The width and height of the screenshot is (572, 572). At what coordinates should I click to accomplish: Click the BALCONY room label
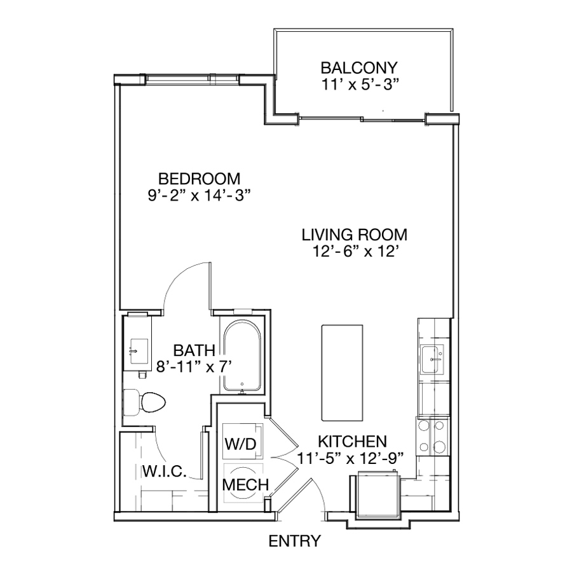click(359, 68)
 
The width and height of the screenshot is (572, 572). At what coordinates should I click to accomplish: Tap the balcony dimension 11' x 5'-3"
click(359, 85)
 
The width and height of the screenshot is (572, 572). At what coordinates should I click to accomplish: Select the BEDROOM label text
click(199, 179)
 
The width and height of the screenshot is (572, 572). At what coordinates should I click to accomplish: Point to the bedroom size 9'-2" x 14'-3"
click(199, 196)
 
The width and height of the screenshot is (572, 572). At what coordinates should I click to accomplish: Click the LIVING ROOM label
click(354, 235)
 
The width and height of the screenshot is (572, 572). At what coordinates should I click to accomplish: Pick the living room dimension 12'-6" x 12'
click(354, 251)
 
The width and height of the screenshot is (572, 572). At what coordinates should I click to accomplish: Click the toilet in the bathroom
click(144, 402)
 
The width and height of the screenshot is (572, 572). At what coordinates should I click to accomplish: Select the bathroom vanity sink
click(139, 351)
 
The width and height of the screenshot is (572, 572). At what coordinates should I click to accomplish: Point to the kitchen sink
click(432, 359)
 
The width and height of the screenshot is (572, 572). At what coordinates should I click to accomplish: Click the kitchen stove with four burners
click(433, 436)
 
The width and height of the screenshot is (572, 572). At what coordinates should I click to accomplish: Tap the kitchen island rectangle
click(342, 372)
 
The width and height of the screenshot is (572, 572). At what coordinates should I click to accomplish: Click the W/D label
click(241, 444)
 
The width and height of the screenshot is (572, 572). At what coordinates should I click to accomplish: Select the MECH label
click(245, 485)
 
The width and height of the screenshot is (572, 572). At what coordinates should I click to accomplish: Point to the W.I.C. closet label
click(165, 471)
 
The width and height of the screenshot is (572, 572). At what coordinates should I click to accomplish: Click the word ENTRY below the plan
click(295, 541)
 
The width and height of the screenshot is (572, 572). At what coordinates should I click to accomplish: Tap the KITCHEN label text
click(352, 442)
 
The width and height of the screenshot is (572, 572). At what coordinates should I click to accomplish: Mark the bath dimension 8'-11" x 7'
click(194, 367)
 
